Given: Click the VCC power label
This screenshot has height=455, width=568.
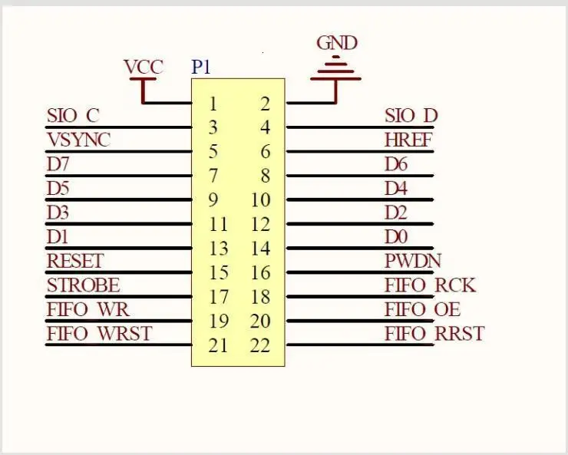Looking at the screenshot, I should pyautogui.click(x=144, y=68).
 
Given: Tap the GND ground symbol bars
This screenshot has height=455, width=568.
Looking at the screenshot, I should pyautogui.click(x=336, y=69).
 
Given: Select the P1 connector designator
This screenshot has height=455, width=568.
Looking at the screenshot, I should pyautogui.click(x=201, y=68).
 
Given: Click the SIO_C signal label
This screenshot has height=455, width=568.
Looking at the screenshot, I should pyautogui.click(x=73, y=116).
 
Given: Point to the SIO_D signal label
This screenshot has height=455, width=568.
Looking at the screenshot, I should pyautogui.click(x=411, y=116).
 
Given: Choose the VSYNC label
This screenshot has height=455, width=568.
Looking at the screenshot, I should pyautogui.click(x=78, y=140).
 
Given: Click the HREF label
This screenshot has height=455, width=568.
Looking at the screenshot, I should pyautogui.click(x=408, y=140).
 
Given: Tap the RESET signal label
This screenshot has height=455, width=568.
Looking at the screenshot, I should pyautogui.click(x=74, y=261).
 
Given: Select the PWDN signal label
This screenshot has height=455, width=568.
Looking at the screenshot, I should pyautogui.click(x=413, y=261).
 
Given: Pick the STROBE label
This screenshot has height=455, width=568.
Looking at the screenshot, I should pyautogui.click(x=83, y=285).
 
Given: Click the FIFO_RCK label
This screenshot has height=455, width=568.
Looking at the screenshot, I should pyautogui.click(x=430, y=285).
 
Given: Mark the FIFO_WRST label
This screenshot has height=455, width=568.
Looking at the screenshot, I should pyautogui.click(x=99, y=334).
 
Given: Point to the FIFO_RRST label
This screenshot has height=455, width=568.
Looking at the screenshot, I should pyautogui.click(x=434, y=334).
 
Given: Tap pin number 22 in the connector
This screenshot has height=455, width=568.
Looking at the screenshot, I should pyautogui.click(x=260, y=346).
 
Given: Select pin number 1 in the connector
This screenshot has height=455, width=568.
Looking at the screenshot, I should pyautogui.click(x=213, y=104).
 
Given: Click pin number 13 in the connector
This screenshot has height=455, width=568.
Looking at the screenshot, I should pyautogui.click(x=218, y=249).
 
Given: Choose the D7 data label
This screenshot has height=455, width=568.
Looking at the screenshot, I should pyautogui.click(x=58, y=164).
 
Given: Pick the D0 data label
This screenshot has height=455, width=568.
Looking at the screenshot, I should pyautogui.click(x=396, y=237).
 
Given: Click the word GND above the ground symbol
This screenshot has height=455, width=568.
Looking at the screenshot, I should pyautogui.click(x=337, y=43).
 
